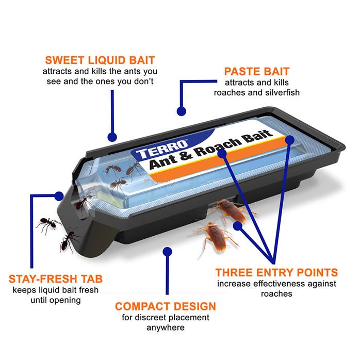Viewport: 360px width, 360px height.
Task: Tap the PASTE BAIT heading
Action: pyautogui.click(x=256, y=71)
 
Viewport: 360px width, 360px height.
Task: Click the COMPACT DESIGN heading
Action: pyautogui.click(x=166, y=306)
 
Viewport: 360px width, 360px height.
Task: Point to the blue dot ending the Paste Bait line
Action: pyautogui.click(x=181, y=111)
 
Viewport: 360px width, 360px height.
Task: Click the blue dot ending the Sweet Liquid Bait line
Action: pyautogui.click(x=111, y=137)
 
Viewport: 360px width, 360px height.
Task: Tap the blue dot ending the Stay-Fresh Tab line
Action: pyautogui.click(x=59, y=196)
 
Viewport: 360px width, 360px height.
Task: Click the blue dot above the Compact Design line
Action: pyautogui.click(x=167, y=251)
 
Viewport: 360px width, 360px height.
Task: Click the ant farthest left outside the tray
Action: pyautogui.click(x=48, y=223)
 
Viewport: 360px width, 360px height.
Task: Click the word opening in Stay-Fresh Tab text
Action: pyautogui.click(x=65, y=300)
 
